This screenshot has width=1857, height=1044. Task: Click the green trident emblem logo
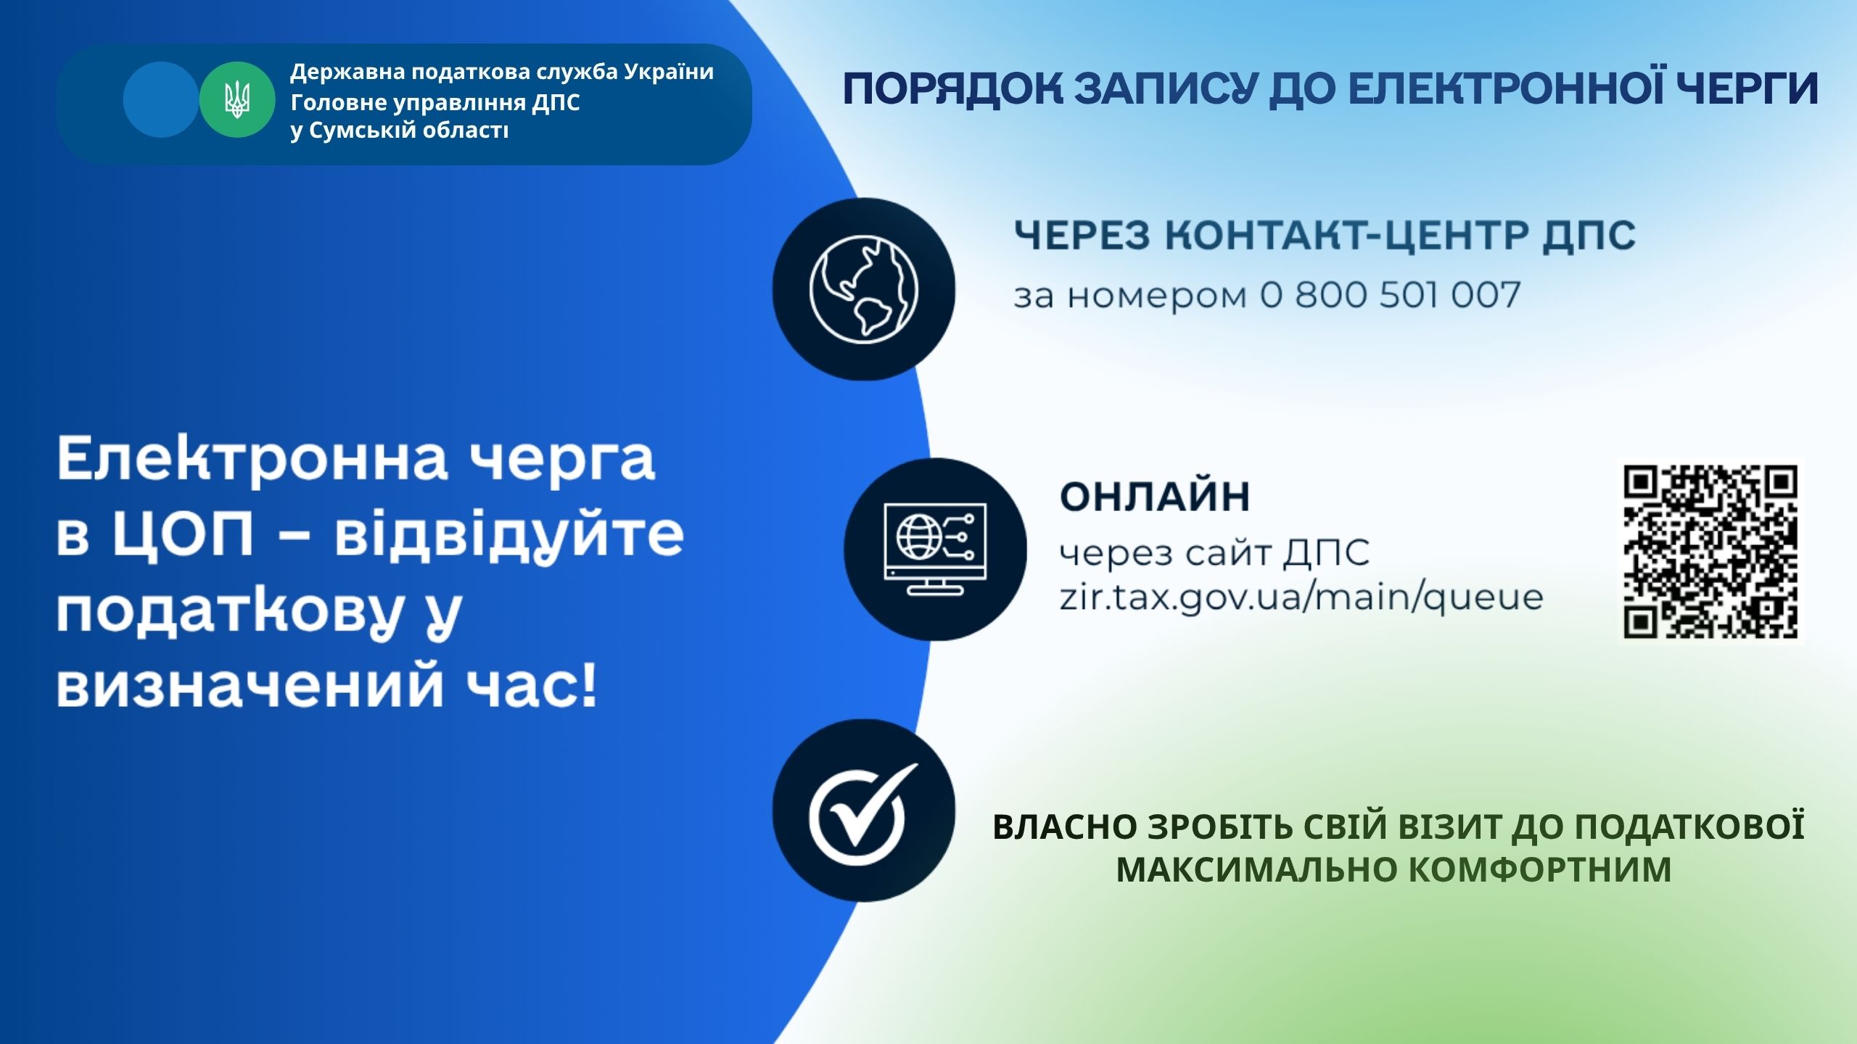pyautogui.click(x=237, y=100)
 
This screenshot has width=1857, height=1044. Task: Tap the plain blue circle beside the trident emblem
pyautogui.click(x=161, y=100)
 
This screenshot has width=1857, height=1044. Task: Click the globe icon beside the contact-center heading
pyautogui.click(x=864, y=289)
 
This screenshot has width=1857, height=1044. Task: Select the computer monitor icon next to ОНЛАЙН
pyautogui.click(x=935, y=549)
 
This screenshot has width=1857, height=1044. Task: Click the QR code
pyautogui.click(x=1711, y=552)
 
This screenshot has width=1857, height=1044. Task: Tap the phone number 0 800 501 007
pyautogui.click(x=1390, y=295)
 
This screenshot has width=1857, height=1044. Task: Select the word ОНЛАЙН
pyautogui.click(x=1155, y=497)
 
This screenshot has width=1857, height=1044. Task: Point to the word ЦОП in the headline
pyautogui.click(x=183, y=534)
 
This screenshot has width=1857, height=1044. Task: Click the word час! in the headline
pyautogui.click(x=532, y=684)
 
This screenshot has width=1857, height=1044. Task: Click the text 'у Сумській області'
pyautogui.click(x=400, y=130)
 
